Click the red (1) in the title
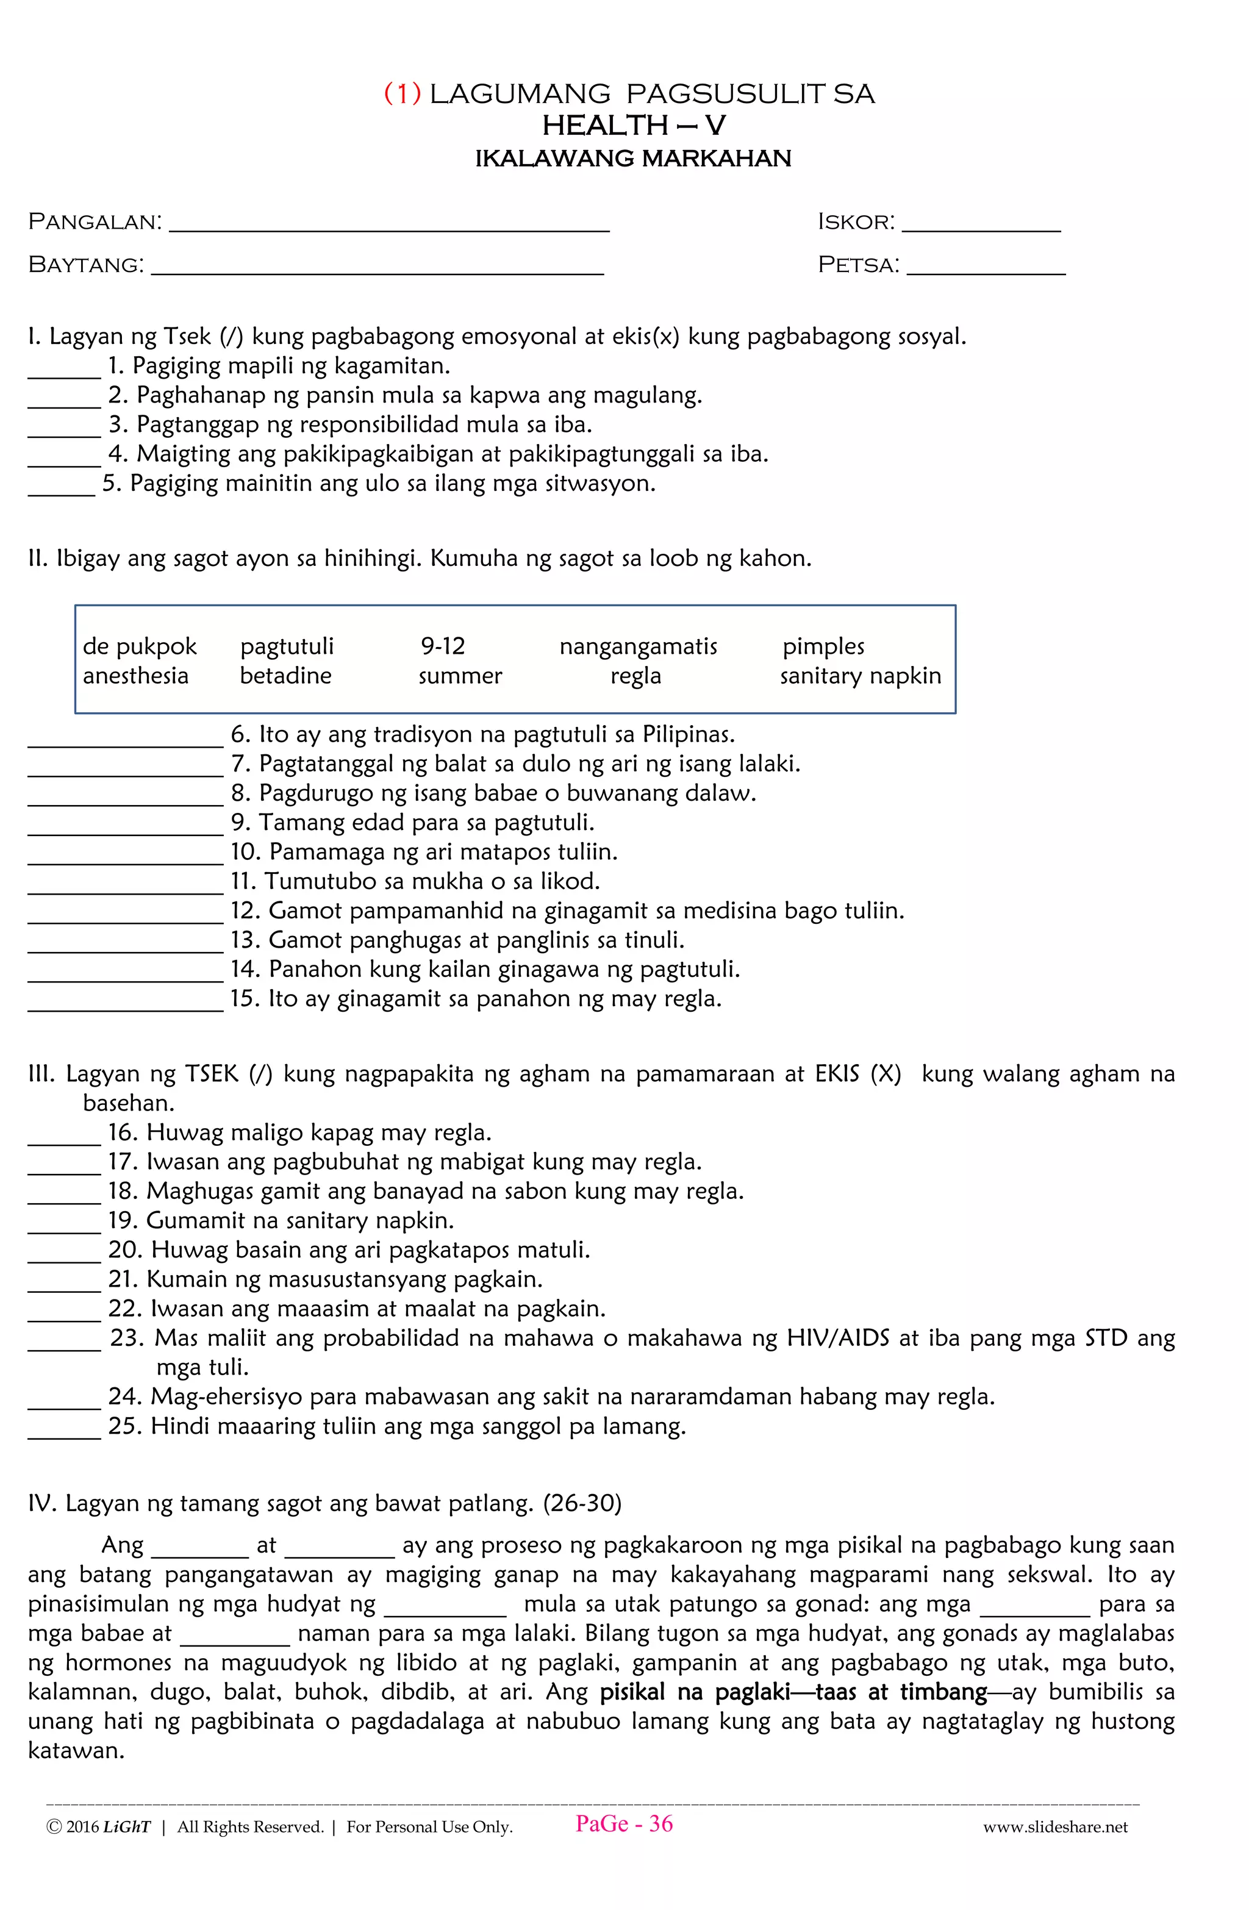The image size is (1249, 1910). pos(402,94)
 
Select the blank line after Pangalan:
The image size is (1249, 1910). pos(389,228)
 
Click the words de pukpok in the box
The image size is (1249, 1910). pos(140,646)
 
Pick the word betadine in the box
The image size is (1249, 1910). pos(286,676)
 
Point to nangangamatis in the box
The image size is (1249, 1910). pos(638,646)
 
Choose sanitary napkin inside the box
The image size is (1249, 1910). pos(861,676)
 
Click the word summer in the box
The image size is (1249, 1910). pos(460,676)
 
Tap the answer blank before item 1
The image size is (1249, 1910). pos(64,375)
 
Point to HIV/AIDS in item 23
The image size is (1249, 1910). pos(838,1338)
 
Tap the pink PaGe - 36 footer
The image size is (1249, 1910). pos(624,1824)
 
